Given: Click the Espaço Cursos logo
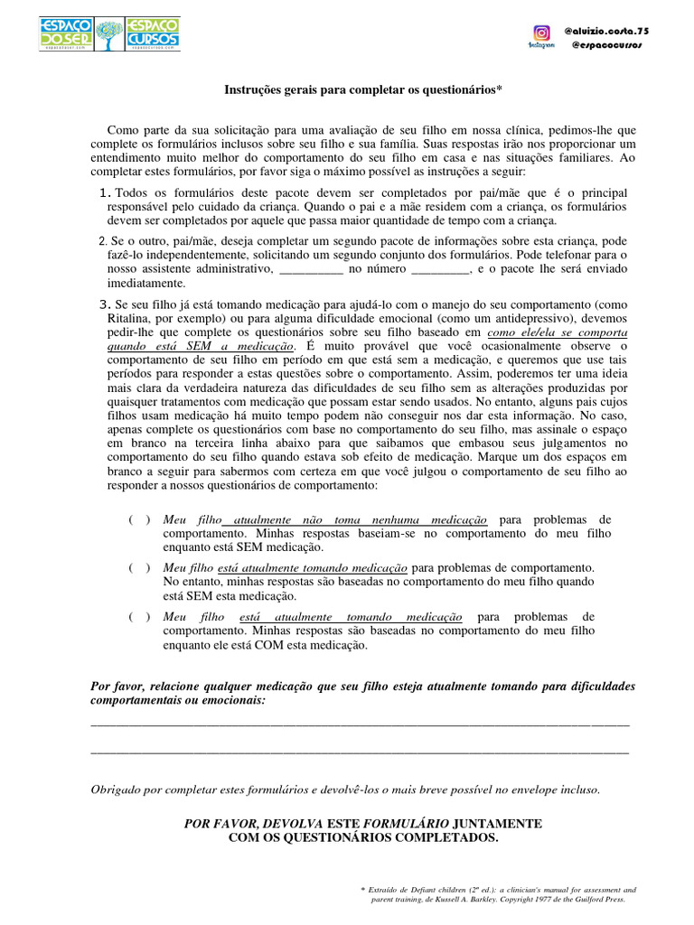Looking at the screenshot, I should [152, 33].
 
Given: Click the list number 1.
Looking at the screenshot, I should [105, 193].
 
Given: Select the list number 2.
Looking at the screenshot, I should [101, 241].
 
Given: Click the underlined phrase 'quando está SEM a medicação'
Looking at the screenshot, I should [201, 346].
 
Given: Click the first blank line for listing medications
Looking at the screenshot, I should [360, 724].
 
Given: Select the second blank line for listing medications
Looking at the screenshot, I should [360, 751].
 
